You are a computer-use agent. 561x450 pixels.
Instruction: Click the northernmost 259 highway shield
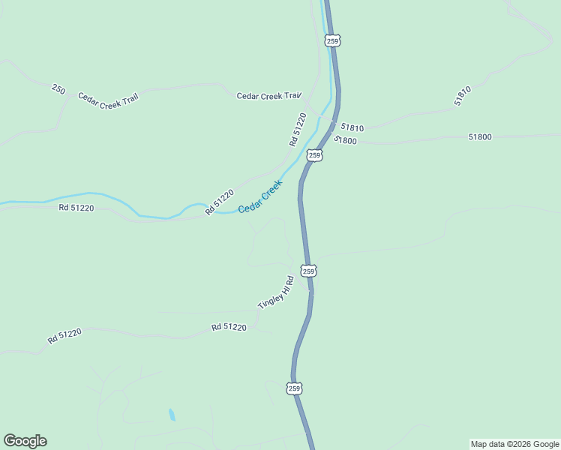pos(333,41)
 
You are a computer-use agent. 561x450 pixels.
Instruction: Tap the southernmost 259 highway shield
pos(294,388)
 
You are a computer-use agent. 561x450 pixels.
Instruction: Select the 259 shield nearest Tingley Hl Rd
pos(309,270)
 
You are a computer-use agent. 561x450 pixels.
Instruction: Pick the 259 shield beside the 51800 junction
pos(315,155)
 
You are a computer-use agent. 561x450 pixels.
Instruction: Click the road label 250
pos(58,89)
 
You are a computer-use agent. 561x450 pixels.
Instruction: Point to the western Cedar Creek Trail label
pos(109,100)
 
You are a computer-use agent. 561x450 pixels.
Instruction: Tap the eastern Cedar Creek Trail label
pos(268,96)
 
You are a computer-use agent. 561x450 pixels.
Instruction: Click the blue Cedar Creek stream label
pos(260,196)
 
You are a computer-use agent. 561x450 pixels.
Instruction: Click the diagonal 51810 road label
pos(462,95)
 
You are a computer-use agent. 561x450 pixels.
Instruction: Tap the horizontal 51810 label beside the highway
pos(352,128)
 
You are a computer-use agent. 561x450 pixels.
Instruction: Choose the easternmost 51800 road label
pos(480,136)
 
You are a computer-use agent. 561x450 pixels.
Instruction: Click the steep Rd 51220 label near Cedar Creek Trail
pos(298,129)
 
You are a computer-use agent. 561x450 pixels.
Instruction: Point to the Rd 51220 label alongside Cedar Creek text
pos(219,202)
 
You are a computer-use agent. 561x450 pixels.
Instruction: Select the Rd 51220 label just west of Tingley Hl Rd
pos(229,327)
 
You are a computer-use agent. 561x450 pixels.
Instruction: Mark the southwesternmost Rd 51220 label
pos(64,335)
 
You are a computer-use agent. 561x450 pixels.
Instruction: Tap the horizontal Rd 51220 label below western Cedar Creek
pos(76,208)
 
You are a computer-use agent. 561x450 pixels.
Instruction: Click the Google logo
pos(25,441)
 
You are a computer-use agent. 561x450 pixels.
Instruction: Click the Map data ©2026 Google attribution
pos(514,444)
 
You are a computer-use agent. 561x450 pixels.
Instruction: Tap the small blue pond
pos(172,414)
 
